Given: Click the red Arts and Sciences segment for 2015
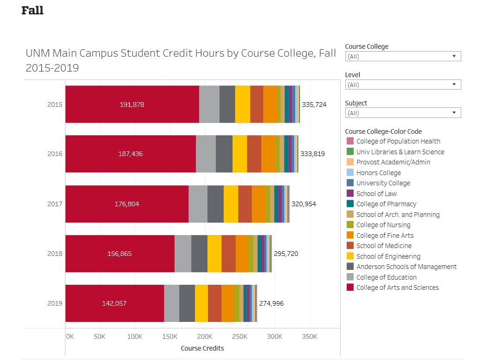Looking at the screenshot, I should coord(132,104).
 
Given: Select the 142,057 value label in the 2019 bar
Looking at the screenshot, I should coord(114,303).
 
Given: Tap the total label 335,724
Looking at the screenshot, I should coord(314,105).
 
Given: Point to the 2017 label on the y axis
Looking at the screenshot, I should coord(54,204).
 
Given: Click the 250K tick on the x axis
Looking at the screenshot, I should coord(239,337).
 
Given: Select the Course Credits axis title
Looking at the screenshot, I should coord(202,348).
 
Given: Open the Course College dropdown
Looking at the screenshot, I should coord(403,57).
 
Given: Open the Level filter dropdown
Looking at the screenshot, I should coord(403,85).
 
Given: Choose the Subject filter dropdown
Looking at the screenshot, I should coord(403,113).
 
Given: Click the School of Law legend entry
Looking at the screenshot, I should coord(376,194).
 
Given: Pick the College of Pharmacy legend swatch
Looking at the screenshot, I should coord(350,204).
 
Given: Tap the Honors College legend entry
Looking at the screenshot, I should coord(378,173).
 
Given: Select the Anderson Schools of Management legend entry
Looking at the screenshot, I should coord(406,267).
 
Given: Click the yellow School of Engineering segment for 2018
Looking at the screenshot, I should coord(214,254).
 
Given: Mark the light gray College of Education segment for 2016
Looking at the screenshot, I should coord(206,154).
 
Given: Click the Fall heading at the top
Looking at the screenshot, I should coord(32,11).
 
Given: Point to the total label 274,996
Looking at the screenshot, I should coord(271,303).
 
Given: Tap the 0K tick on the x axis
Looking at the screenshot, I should coord(69,337).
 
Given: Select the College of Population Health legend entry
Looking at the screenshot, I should coord(398,141).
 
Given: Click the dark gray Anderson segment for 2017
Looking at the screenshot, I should coord(215,204).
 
